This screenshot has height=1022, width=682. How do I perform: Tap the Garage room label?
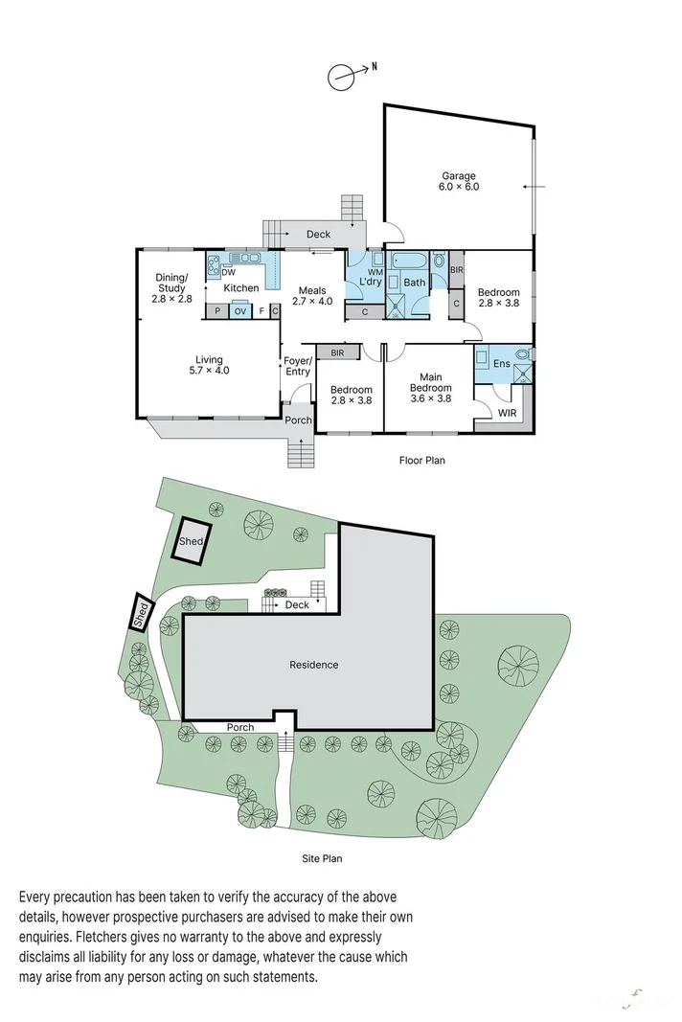pos(459,181)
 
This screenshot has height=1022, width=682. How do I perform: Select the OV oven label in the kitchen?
pos(240,311)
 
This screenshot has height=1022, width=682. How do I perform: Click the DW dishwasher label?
pos(228,273)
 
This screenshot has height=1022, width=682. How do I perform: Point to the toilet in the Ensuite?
pos(523,355)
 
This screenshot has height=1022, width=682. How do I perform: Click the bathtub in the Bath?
pos(407,262)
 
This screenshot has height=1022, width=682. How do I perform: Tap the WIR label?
pos(507,413)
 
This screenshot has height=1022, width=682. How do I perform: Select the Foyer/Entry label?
pos(298,366)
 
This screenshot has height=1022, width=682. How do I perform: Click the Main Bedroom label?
pos(431,388)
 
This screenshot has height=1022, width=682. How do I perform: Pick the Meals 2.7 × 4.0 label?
pos(312,296)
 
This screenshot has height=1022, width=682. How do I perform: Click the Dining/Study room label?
pos(171,288)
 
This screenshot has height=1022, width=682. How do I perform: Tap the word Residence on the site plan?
pos(313,665)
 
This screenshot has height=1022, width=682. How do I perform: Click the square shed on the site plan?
pos(192,540)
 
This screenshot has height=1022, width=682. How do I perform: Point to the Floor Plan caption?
pos(421,460)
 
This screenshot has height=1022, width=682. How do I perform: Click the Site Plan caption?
pos(322,858)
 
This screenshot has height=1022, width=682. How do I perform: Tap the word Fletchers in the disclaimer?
pos(103,938)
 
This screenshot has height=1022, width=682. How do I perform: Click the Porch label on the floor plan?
pos(299,420)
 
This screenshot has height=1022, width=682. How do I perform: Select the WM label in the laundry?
pos(375,272)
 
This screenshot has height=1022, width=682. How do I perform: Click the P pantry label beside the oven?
pos(217,311)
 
